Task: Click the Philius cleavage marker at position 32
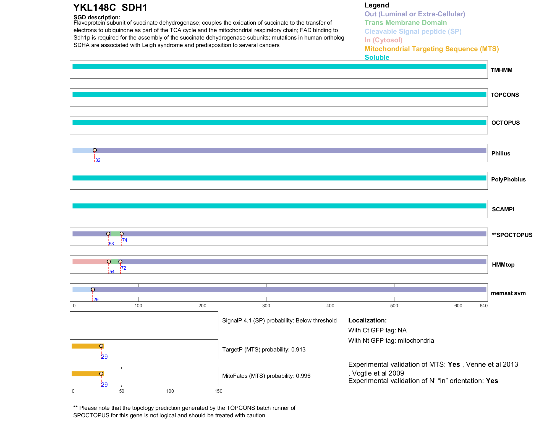[95, 150]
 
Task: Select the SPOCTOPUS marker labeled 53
[108, 234]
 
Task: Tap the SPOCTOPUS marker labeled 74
[122, 234]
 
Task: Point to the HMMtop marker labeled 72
[120, 262]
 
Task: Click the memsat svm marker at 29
[93, 290]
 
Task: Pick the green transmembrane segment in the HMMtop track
[114, 262]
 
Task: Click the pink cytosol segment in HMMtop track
[90, 262]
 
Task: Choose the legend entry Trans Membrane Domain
[405, 23]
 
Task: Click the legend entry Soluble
[377, 58]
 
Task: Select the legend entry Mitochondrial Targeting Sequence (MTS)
[431, 49]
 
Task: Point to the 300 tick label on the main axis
[266, 306]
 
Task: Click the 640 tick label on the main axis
[484, 306]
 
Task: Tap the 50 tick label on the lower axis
[122, 391]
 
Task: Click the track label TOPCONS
[505, 95]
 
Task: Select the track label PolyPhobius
[508, 179]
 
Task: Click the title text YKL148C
[95, 7]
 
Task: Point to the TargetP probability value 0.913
[298, 350]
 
